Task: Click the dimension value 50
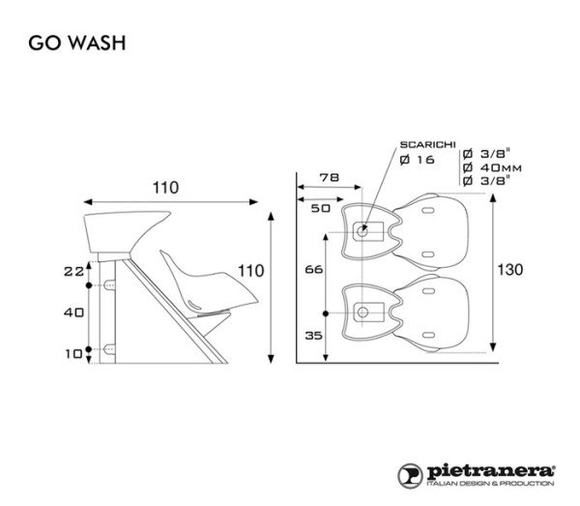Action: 320,206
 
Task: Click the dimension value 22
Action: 73,273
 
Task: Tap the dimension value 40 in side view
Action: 73,313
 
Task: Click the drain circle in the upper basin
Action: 363,231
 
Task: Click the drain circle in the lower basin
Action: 363,312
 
